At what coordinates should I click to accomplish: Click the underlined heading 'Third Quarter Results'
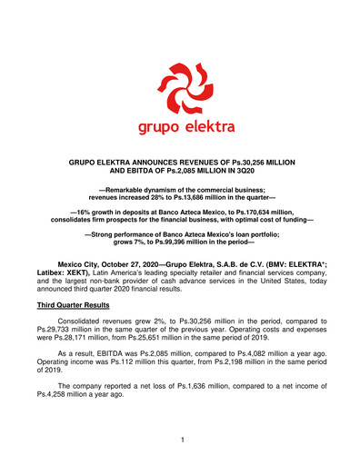[x=83, y=308]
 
